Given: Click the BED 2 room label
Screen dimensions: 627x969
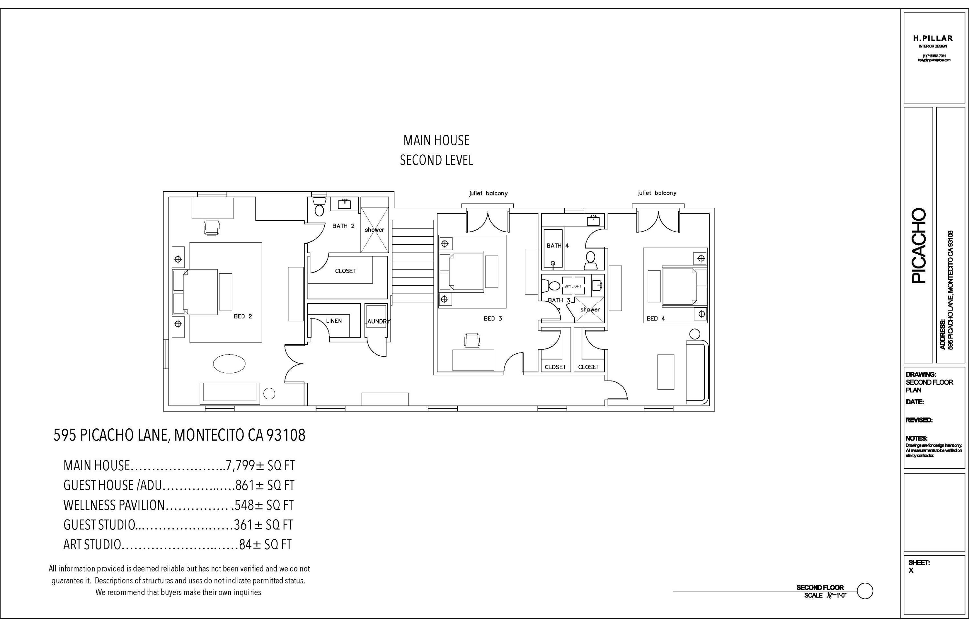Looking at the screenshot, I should (243, 316).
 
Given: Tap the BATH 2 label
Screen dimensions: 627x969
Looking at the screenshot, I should (343, 226).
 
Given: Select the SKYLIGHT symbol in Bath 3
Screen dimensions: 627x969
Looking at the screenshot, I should (573, 286).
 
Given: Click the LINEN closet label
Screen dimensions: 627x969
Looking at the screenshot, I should (334, 321).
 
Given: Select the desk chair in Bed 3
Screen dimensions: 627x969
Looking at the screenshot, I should (472, 340).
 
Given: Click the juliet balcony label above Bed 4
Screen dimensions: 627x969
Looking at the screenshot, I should (657, 193).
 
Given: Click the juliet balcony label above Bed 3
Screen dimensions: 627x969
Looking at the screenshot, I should (488, 193).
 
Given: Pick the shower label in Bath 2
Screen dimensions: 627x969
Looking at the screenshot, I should (374, 230).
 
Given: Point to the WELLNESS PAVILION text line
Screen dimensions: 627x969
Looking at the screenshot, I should (178, 505).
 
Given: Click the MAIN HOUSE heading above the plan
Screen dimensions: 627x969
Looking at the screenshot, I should (436, 141).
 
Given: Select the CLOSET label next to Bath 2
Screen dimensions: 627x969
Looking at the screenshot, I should (345, 271).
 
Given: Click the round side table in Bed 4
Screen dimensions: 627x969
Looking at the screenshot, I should (694, 334).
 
